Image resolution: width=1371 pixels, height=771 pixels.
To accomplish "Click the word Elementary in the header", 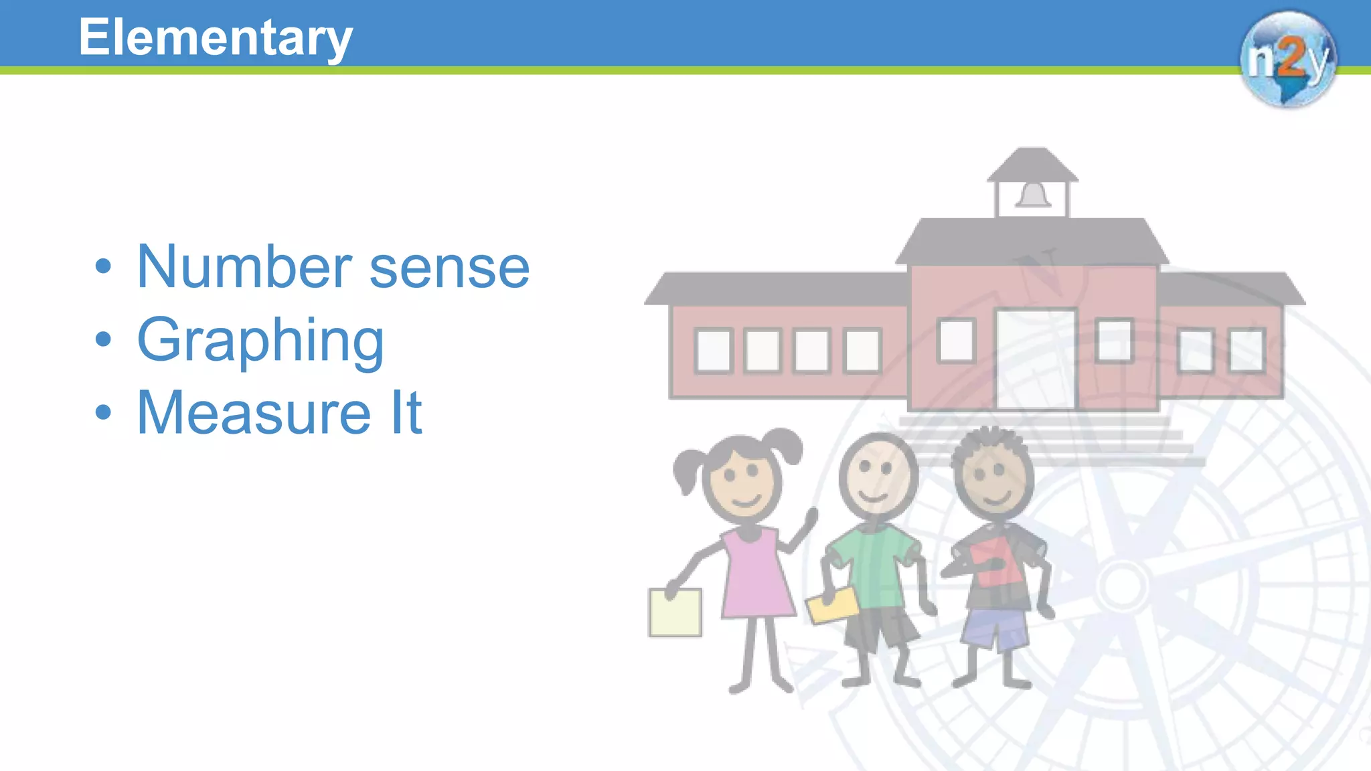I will coord(215,37).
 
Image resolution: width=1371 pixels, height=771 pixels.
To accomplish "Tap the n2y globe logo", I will coord(1287,59).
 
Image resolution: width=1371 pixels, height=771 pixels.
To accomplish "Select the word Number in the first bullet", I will coord(244,267).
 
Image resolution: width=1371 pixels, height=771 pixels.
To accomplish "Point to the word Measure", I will coord(254,413).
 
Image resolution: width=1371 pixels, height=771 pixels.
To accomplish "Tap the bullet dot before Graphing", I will coord(103,339).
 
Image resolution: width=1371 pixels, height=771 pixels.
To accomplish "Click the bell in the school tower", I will coord(1033,195).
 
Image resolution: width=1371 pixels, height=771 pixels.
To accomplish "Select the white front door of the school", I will coord(1036,359).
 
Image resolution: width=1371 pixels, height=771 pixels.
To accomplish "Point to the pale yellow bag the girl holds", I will coord(675,612).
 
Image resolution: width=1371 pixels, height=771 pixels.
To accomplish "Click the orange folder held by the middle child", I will coord(832,604).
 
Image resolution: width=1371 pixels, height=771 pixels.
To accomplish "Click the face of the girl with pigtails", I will coord(742,480).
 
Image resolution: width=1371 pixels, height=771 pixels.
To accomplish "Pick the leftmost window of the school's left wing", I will coord(714,350).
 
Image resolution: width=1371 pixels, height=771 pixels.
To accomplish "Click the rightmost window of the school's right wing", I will coord(1246,350).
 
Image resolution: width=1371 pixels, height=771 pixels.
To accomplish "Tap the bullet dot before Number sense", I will coord(103,266).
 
